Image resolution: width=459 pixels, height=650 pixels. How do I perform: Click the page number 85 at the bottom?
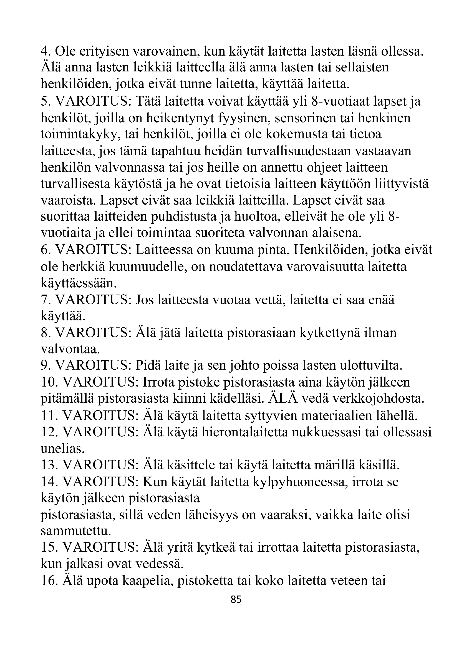coord(236,599)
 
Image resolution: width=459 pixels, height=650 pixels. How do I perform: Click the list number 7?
coord(45,300)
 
